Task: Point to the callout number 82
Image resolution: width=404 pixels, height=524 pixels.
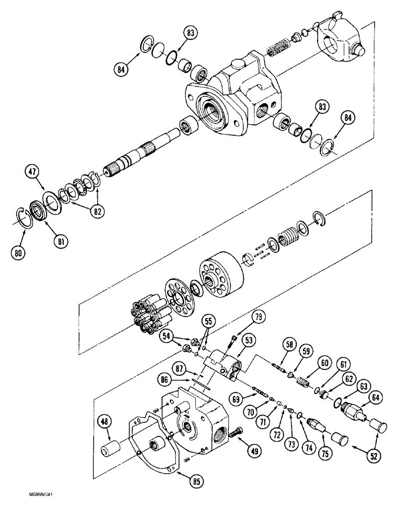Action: [x=97, y=211]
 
